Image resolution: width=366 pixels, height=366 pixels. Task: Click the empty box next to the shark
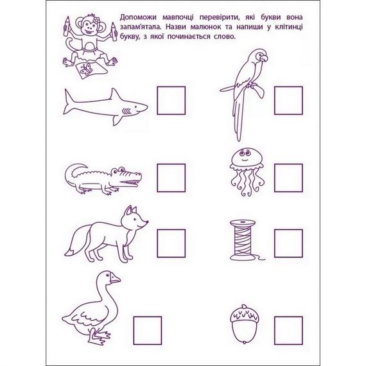point(171,101)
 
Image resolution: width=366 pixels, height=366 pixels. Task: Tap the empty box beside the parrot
point(288,101)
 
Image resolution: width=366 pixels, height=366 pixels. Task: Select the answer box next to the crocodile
point(171,178)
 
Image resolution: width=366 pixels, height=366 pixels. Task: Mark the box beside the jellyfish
point(288,178)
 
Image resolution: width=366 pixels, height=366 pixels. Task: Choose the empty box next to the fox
point(171,243)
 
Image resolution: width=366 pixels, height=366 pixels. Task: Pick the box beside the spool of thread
point(288,243)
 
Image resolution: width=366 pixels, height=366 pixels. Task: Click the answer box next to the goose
point(147,331)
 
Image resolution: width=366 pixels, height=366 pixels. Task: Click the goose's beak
point(115,279)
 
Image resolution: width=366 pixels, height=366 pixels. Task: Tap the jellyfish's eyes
point(243,155)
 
